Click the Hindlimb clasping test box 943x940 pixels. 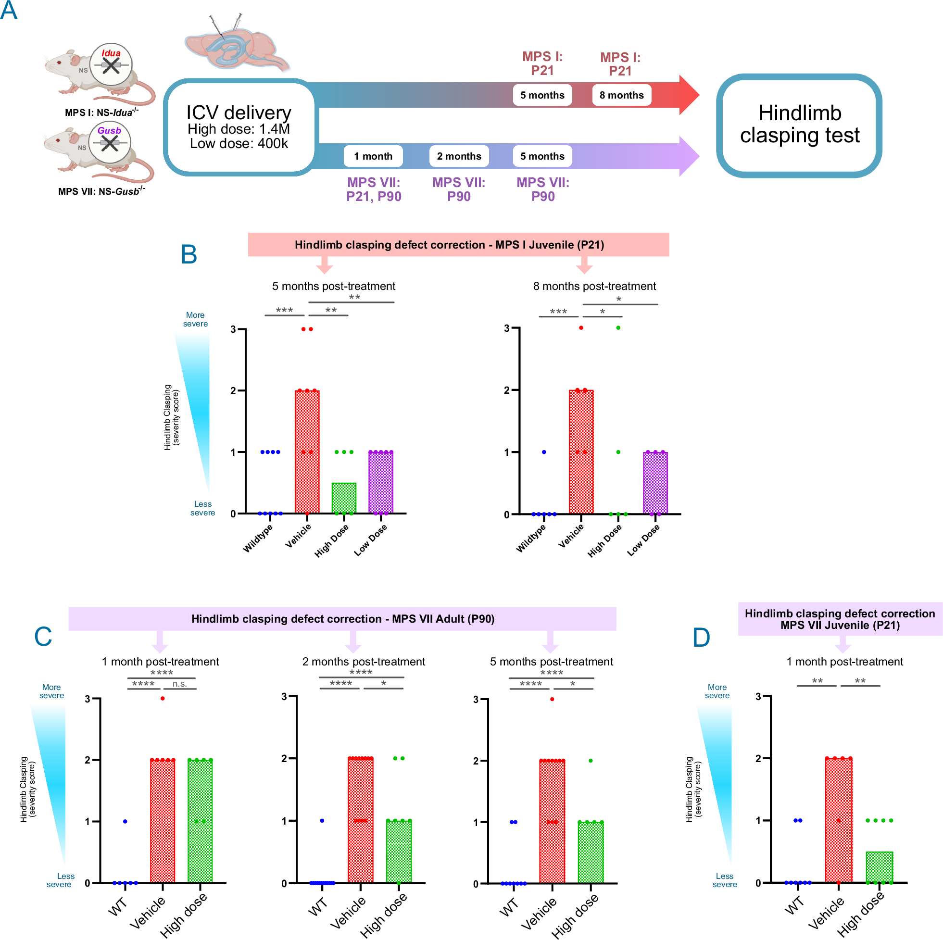coord(799,125)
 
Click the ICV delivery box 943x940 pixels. coord(239,126)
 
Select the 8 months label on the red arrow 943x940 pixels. coord(621,95)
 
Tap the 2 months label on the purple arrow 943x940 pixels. coord(459,156)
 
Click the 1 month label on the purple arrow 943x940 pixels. coord(373,156)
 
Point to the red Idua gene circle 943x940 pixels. coord(111,64)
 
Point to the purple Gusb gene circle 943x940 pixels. coord(110,142)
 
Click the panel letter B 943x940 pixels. coord(189,254)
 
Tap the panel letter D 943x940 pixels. coord(702,638)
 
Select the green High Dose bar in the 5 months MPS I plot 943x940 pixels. coord(344,498)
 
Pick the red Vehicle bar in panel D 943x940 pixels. coord(839,820)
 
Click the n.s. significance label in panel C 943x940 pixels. coord(180,684)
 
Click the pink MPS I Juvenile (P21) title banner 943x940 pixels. coord(458,245)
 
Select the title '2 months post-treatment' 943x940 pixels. coord(364,662)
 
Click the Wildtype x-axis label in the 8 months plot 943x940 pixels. coord(531,539)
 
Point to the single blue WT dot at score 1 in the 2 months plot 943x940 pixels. coord(322,820)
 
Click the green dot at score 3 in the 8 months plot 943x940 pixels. coord(618,327)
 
